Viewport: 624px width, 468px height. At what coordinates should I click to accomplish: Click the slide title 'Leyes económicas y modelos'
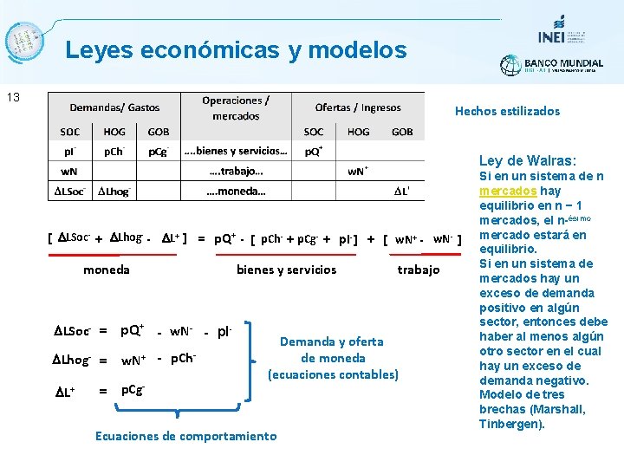tap(236, 50)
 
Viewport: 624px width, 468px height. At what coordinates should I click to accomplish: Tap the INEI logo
tap(553, 30)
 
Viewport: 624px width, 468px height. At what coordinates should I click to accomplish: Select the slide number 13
tap(13, 97)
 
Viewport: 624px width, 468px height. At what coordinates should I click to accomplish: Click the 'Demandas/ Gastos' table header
tap(114, 107)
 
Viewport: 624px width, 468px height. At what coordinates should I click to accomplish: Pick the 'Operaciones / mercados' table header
tap(236, 107)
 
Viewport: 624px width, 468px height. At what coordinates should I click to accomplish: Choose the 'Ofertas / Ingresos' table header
tap(358, 107)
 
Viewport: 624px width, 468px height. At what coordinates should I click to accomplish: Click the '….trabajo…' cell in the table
tap(236, 171)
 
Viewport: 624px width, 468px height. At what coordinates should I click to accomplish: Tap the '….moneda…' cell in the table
tap(236, 191)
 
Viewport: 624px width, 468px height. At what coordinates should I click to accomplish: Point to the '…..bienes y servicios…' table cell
tap(236, 151)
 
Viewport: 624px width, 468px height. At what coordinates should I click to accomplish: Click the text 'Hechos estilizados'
tap(507, 111)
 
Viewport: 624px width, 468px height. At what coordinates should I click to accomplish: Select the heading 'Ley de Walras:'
tap(527, 160)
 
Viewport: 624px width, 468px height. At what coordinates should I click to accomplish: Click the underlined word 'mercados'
tap(507, 191)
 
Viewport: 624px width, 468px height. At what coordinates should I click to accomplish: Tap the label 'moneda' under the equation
tap(106, 270)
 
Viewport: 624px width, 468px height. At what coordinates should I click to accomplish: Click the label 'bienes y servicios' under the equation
tap(286, 270)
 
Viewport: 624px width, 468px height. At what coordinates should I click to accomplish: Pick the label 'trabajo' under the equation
tap(419, 270)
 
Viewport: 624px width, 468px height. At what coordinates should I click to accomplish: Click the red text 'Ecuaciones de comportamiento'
tap(185, 436)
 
